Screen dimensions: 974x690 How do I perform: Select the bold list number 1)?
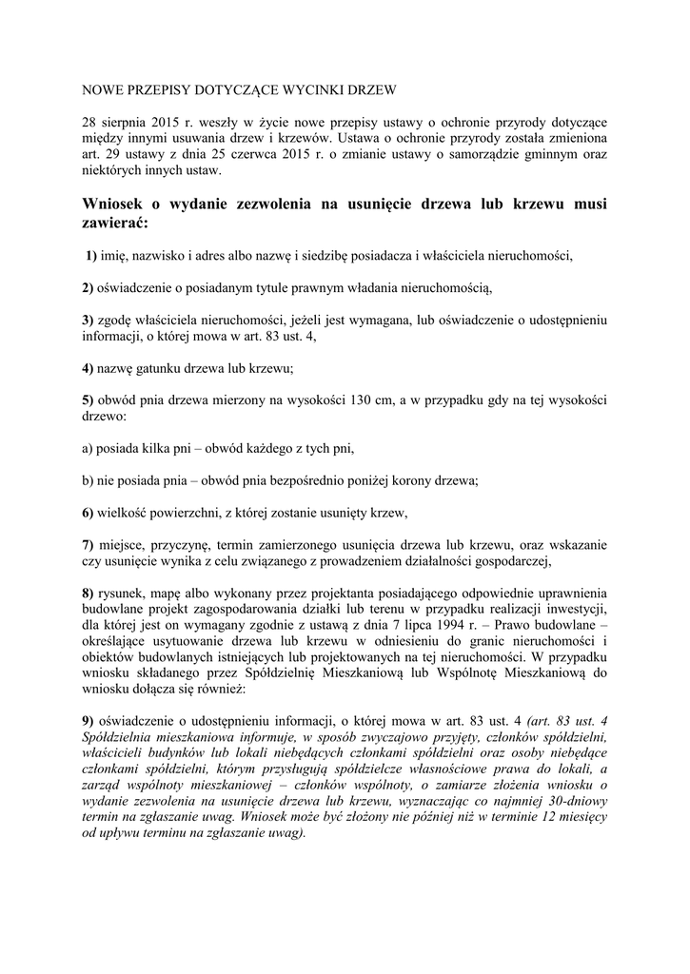point(92,257)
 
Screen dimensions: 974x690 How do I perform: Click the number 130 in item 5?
point(348,401)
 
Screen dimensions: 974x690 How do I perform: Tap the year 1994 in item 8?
point(434,625)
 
